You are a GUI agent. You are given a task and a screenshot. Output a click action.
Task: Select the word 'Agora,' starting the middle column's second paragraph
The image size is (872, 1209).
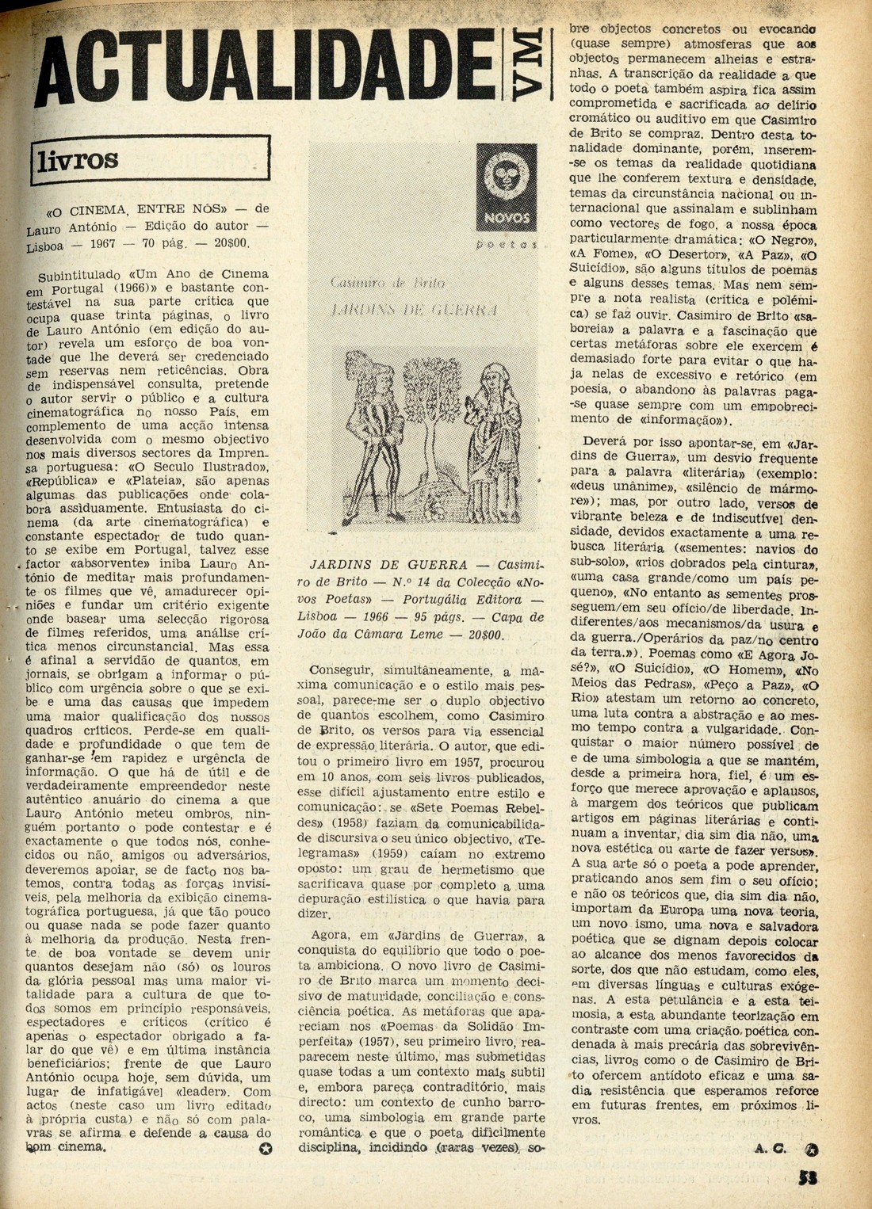pos(331,936)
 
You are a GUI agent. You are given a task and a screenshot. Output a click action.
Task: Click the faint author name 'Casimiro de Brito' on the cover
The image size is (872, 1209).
pos(388,283)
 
